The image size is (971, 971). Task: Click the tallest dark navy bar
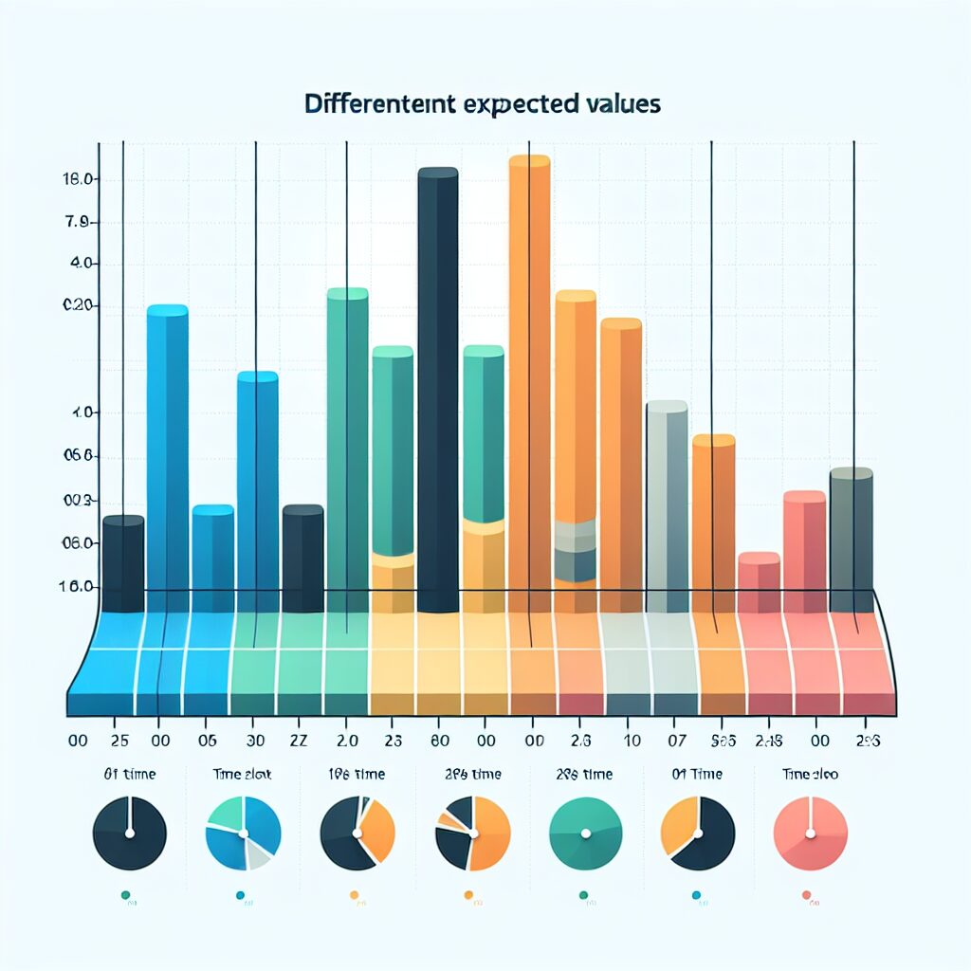click(x=437, y=389)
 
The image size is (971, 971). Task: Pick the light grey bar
click(x=666, y=503)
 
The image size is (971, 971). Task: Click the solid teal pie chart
click(x=585, y=834)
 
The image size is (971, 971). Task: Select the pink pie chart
click(x=810, y=834)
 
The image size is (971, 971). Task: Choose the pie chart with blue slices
click(x=243, y=834)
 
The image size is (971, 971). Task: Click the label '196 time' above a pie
click(x=357, y=774)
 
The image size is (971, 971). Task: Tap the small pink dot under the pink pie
click(x=807, y=893)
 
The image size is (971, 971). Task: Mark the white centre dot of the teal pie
click(x=585, y=834)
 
